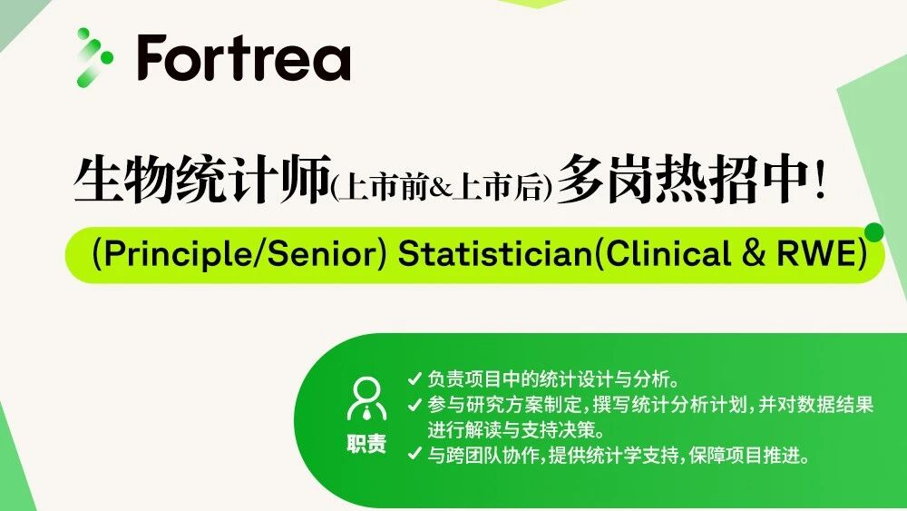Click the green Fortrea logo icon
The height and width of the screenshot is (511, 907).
(x=94, y=57)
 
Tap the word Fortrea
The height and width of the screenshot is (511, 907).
(x=244, y=57)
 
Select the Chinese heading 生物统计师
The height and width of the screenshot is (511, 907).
(x=202, y=180)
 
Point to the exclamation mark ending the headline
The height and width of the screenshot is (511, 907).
(x=820, y=181)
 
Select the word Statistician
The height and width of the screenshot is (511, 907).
(x=493, y=254)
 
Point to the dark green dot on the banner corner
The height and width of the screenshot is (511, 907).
(x=874, y=232)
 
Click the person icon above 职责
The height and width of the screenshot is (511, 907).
(x=366, y=398)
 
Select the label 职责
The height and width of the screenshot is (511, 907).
(x=366, y=444)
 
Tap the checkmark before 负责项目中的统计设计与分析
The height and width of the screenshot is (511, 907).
(x=414, y=379)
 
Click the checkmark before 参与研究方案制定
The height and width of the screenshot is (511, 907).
(x=414, y=405)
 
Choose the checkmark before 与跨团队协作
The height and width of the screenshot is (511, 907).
(x=414, y=455)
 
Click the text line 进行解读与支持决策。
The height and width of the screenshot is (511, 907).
(x=517, y=430)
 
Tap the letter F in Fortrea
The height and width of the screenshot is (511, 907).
(x=151, y=58)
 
